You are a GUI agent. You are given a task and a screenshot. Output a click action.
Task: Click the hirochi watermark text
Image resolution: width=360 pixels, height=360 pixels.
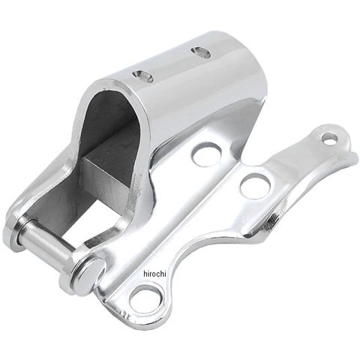click(155, 274)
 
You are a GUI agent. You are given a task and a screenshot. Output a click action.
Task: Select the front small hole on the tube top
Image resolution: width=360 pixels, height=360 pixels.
click(142, 76)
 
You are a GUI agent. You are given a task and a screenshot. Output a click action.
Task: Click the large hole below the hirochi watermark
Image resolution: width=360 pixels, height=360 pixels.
click(145, 300)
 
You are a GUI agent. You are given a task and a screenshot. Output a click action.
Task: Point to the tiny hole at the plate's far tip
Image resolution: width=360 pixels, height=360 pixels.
click(329, 139)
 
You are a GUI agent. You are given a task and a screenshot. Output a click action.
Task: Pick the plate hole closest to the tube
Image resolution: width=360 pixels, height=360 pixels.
click(207, 155)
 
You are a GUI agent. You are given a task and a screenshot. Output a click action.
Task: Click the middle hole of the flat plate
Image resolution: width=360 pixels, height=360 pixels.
click(255, 186)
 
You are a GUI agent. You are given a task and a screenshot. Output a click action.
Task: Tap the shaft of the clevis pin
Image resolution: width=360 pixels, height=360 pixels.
click(47, 239)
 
